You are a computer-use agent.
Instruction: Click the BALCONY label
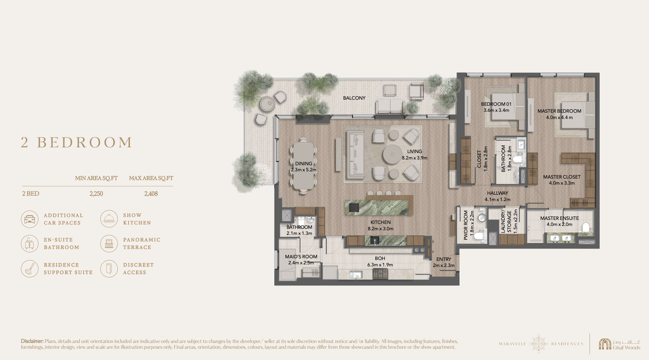354,98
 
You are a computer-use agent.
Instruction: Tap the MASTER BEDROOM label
559,111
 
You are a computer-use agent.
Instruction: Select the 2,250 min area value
96,194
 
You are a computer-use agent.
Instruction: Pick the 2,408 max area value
151,194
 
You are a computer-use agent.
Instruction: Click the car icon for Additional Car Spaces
30,219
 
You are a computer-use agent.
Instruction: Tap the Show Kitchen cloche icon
109,219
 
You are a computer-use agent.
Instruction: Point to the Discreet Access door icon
109,268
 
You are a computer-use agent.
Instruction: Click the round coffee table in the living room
392,154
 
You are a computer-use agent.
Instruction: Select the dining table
304,166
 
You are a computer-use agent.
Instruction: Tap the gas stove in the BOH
380,273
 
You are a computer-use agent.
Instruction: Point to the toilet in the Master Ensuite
586,227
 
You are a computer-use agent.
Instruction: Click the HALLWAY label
498,193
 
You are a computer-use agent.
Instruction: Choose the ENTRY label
444,259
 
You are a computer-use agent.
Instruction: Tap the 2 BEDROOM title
77,142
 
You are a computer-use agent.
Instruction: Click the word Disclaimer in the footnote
32,341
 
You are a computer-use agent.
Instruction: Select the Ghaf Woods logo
620,344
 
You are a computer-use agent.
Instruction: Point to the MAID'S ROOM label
301,257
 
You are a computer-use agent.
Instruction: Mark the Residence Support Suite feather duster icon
30,268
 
